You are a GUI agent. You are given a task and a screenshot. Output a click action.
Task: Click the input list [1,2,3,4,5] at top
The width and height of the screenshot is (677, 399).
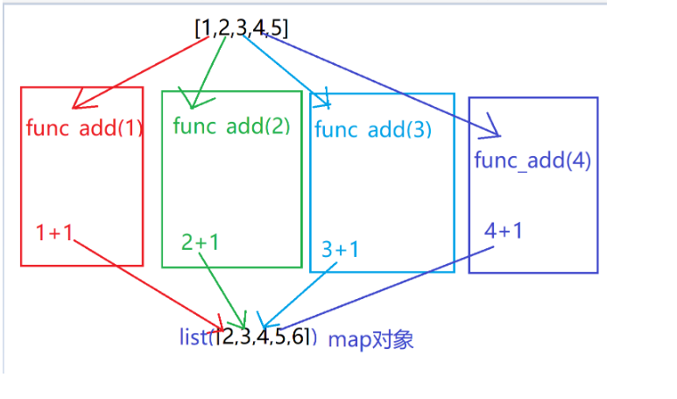tap(242, 27)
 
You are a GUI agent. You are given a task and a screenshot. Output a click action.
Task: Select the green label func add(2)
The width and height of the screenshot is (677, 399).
tap(231, 125)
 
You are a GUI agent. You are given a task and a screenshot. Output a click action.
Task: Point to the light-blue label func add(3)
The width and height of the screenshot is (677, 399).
tap(373, 130)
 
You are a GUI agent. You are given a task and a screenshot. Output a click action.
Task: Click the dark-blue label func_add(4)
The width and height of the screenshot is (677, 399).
tap(532, 160)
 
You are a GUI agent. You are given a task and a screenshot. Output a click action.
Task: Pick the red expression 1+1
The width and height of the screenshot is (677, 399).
tap(54, 232)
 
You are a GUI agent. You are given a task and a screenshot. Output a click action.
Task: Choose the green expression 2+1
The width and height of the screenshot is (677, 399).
tap(201, 241)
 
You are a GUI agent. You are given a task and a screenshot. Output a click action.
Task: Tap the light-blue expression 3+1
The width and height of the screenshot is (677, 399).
tap(340, 249)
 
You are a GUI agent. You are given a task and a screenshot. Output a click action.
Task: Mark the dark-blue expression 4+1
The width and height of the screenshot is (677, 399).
tap(504, 231)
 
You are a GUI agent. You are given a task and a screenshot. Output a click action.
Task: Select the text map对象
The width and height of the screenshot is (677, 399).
tap(370, 340)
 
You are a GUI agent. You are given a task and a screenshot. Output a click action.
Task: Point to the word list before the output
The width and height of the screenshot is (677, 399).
tap(192, 338)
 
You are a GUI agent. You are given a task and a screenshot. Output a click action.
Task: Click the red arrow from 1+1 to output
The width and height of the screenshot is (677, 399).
tap(149, 281)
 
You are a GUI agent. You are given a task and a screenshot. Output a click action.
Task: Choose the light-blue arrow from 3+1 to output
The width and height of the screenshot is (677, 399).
tap(298, 293)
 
